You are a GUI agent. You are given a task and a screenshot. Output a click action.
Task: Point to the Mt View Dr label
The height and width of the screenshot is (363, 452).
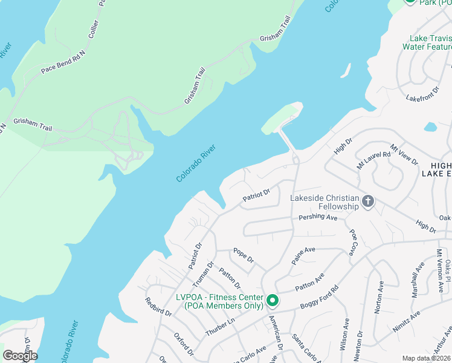pos(404,154)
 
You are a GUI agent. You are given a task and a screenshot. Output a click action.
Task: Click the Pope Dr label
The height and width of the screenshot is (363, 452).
pos(244,255)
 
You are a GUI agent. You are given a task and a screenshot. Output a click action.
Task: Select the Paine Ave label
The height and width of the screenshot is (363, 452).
pos(303,255)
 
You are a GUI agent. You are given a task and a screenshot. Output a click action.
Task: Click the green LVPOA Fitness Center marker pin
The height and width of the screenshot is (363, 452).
pos(272,299)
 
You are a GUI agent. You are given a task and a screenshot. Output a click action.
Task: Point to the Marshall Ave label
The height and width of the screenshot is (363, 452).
pos(417,275)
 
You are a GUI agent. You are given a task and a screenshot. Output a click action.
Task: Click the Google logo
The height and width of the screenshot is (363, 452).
pos(20,356)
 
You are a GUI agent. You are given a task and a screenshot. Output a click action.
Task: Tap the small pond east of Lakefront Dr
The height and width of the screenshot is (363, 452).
pos(430,127)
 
